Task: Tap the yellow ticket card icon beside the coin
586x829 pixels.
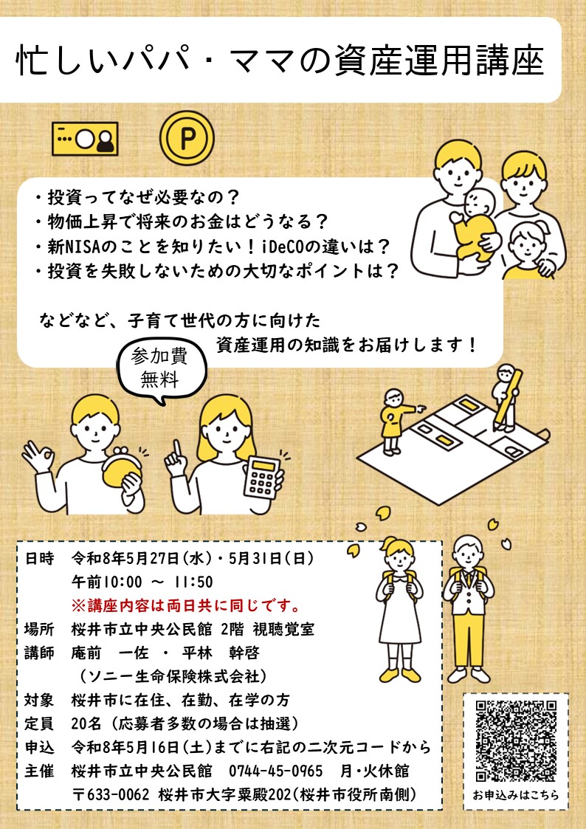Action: tap(85, 138)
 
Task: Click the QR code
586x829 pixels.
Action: tap(516, 740)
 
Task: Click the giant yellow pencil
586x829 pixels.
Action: tap(510, 399)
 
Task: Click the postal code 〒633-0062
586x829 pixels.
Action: tap(112, 795)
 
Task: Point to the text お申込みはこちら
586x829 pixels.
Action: tap(516, 796)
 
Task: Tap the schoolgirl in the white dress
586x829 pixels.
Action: tap(399, 605)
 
